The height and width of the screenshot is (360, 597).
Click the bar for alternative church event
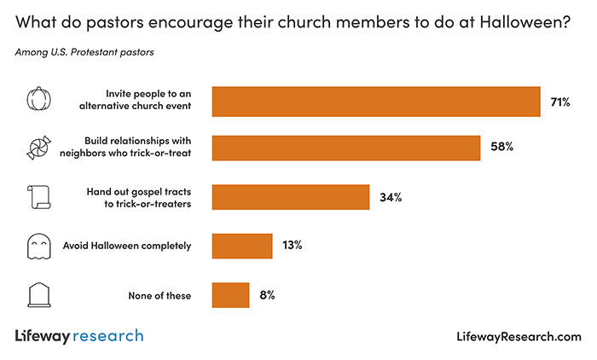click(376, 102)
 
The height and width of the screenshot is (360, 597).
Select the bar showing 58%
click(345, 148)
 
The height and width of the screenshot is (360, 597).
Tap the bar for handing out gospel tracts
click(290, 197)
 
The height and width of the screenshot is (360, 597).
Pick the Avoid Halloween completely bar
click(241, 246)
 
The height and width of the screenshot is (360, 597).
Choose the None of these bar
click(230, 295)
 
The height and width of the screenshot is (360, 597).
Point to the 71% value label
click(559, 102)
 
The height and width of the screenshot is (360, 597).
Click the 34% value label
click(391, 197)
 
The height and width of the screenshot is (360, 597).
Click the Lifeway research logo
click(79, 336)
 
